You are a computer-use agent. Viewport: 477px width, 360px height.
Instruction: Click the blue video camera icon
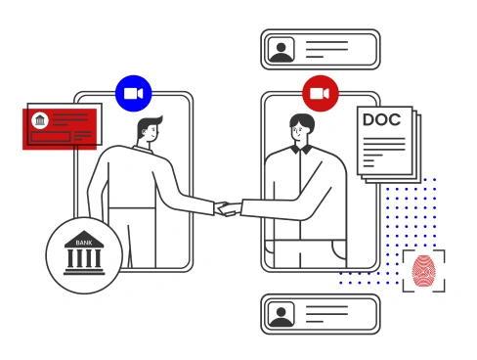coord(133,93)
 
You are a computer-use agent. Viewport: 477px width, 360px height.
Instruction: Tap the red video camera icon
coord(319,93)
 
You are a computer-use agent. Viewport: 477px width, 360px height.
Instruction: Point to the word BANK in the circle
coord(84,240)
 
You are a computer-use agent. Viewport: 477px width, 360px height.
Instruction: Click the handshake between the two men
coord(227,207)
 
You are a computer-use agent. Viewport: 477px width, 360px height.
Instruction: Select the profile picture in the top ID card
coord(282,50)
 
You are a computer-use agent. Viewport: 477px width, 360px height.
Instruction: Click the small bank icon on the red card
coord(39,120)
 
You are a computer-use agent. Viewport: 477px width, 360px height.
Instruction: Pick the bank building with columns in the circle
coord(84,257)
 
